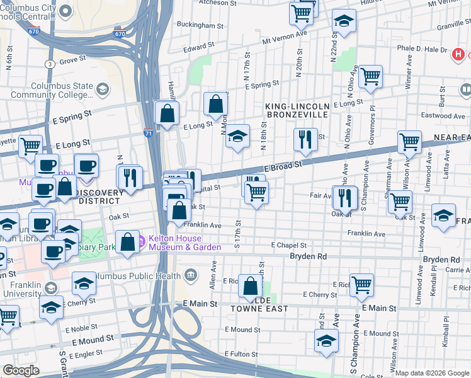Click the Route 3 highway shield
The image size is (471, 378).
coord(49,64)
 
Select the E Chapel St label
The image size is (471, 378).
coord(288,244)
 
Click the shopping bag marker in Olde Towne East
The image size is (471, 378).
coord(250,286)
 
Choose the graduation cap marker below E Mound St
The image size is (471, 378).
coord(326,341)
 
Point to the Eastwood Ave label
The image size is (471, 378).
coord(445,115)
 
